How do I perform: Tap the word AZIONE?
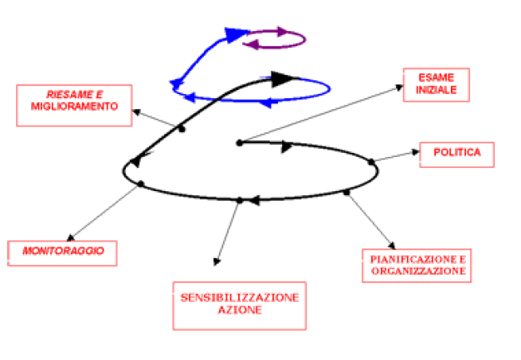[x=239, y=310]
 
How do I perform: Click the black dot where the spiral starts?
[x=239, y=143]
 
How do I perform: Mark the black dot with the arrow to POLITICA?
[x=372, y=162]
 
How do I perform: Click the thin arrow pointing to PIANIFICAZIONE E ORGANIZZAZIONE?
[x=370, y=219]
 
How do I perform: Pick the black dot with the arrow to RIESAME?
[x=182, y=129]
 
